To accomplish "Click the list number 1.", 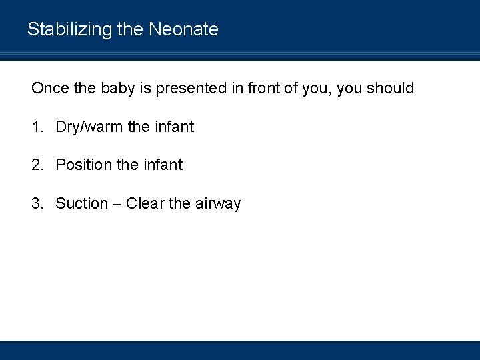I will coord(37,127).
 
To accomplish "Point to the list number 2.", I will coord(37,165).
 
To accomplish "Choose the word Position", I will coord(83,165).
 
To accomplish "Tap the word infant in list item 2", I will coord(162,165).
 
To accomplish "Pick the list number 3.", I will coord(37,203).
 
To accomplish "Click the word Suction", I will coord(81,203).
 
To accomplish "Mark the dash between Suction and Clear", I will coord(117,203).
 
